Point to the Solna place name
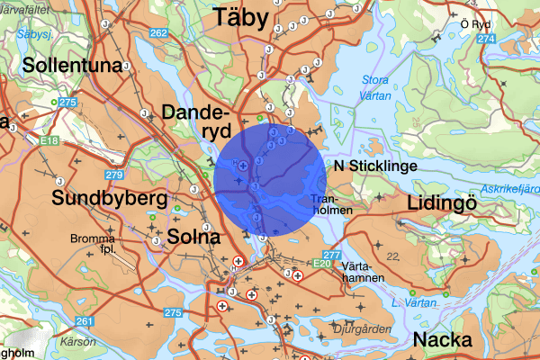click(x=193, y=238)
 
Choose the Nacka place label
click(x=445, y=340)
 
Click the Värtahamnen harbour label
click(x=364, y=273)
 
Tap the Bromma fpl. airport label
click(x=94, y=244)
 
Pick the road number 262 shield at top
click(x=159, y=33)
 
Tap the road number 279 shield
click(x=113, y=175)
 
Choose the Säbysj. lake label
click(x=34, y=34)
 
